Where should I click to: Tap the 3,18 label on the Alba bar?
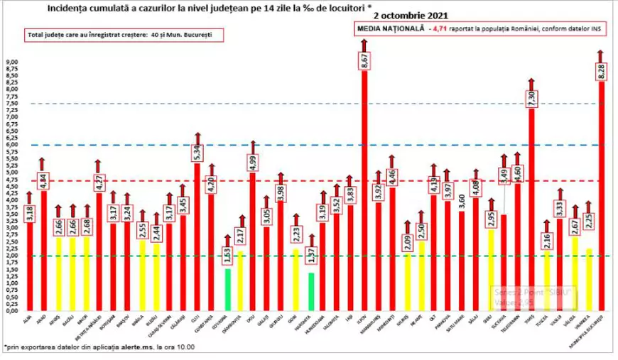pos(29,213)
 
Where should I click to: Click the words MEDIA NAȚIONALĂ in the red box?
pos(390,28)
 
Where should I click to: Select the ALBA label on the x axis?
pos(27,320)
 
